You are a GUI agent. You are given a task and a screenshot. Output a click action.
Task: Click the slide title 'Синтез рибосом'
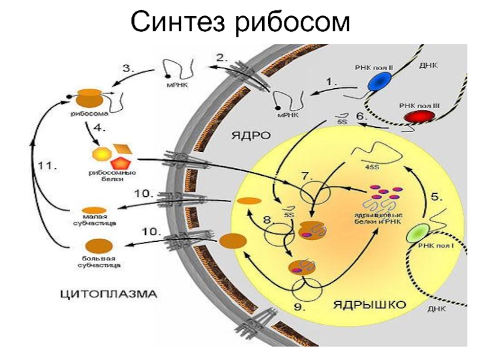tap(240, 23)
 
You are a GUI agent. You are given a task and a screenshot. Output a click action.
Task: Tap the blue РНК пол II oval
tap(379, 83)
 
